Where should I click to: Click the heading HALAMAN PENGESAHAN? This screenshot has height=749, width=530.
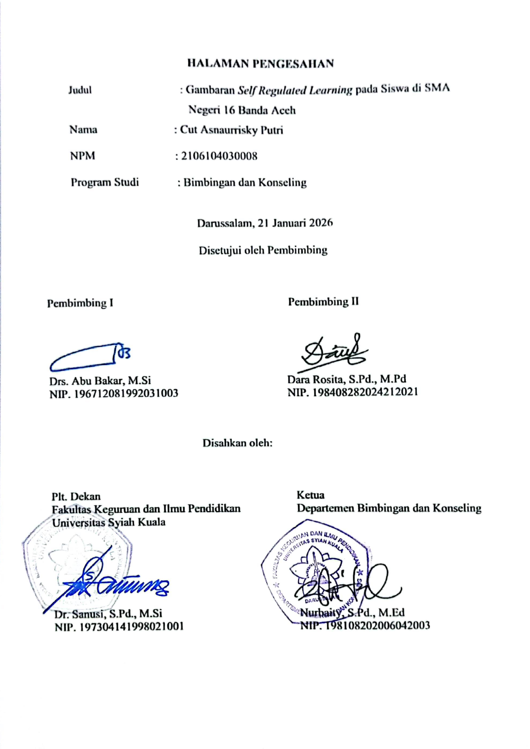261,64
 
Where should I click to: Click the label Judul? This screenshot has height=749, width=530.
80,90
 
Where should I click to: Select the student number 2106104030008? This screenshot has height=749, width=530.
220,156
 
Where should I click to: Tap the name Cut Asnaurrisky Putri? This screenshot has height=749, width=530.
231,130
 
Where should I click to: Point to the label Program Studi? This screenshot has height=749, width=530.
105,182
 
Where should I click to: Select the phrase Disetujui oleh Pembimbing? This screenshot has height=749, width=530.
263,250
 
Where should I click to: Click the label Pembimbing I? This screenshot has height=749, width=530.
80,303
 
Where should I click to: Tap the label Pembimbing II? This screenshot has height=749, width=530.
323,302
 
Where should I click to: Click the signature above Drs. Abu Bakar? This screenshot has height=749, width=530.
90,357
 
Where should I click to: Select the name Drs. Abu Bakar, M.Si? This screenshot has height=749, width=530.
100,380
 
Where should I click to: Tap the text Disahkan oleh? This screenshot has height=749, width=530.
237,443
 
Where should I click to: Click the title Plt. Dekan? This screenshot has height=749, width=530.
76,497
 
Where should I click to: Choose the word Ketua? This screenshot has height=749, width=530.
310,495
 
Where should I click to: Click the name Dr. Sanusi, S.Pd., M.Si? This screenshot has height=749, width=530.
108,614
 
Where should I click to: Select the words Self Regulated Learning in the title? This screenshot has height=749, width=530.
295,90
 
